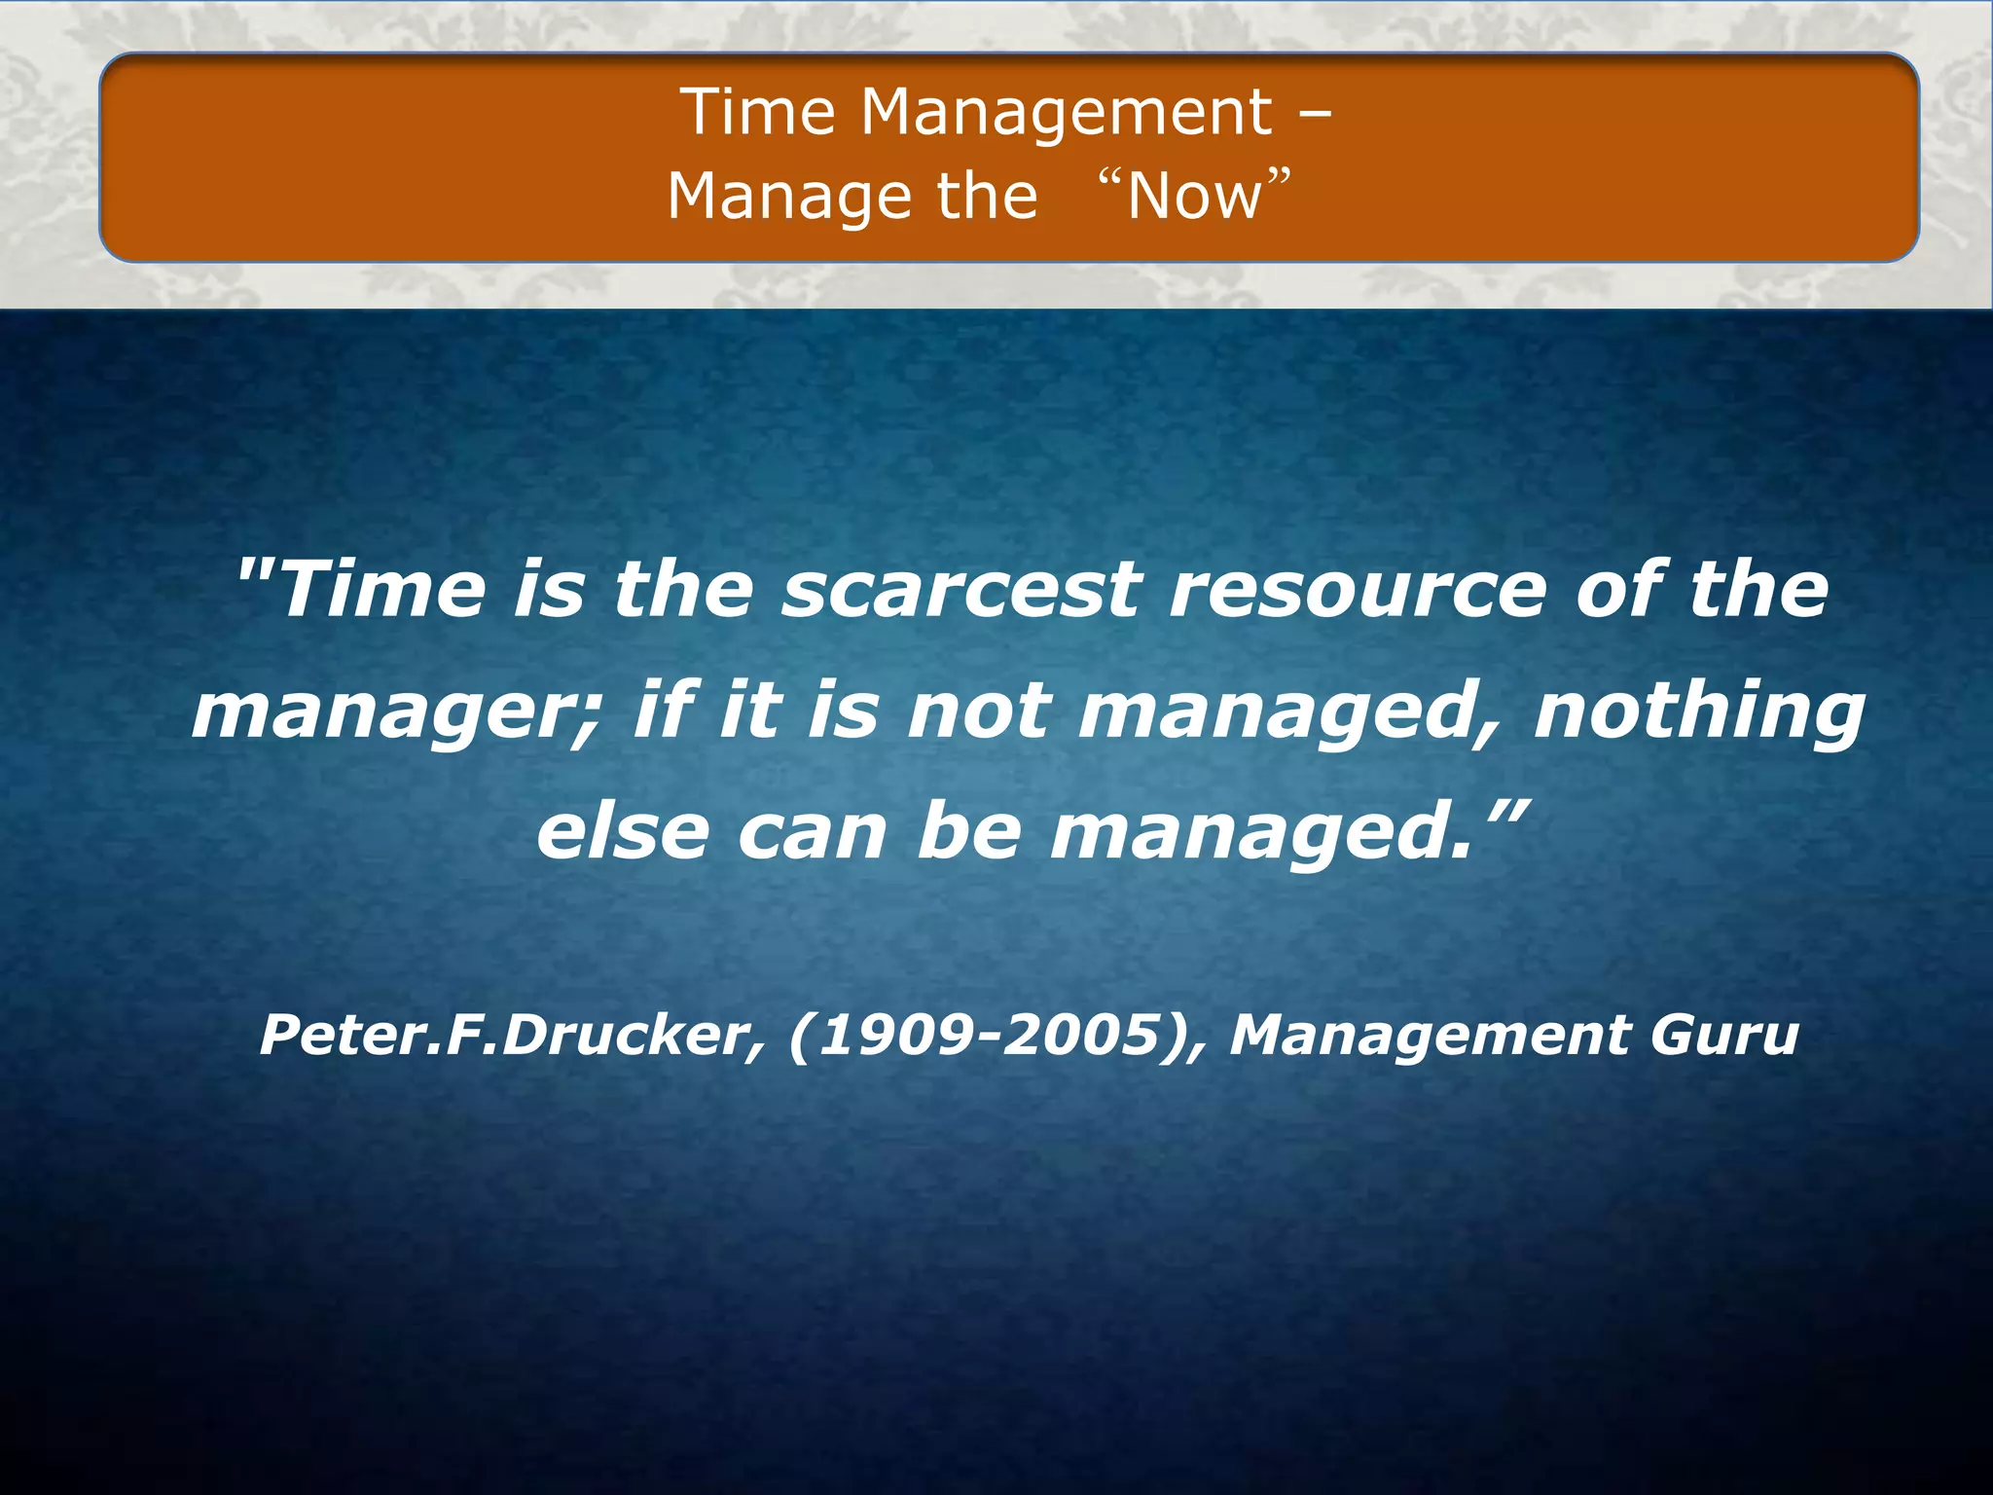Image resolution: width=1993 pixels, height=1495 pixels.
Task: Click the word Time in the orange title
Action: click(x=757, y=112)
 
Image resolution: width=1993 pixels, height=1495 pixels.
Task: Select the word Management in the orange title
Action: click(x=1067, y=112)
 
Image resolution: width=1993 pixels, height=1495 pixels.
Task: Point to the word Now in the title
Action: click(x=1195, y=196)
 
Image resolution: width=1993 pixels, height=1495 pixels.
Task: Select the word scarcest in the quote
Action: click(x=961, y=591)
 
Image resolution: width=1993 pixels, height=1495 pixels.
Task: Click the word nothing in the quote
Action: click(x=1699, y=711)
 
